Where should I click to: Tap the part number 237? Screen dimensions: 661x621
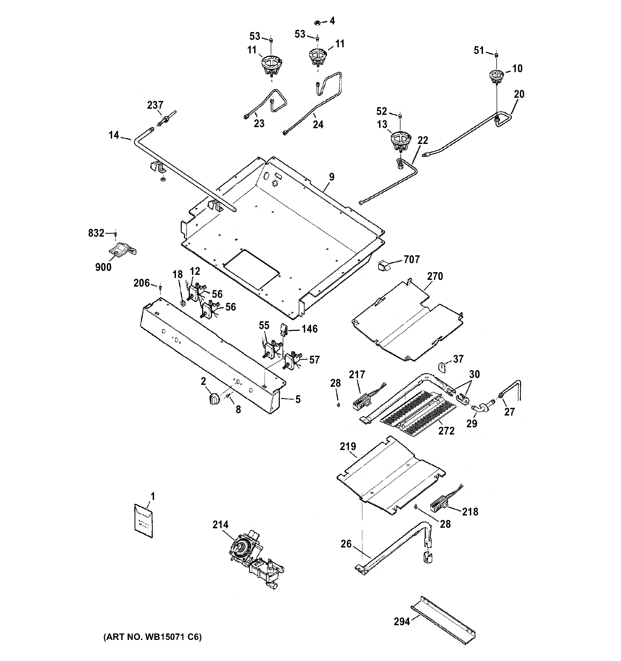[x=155, y=105]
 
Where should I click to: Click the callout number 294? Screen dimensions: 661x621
[x=402, y=621]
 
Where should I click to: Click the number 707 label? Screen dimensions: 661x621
[x=412, y=259]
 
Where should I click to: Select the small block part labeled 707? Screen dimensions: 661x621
[x=384, y=266]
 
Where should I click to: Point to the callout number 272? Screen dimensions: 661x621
[x=446, y=431]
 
